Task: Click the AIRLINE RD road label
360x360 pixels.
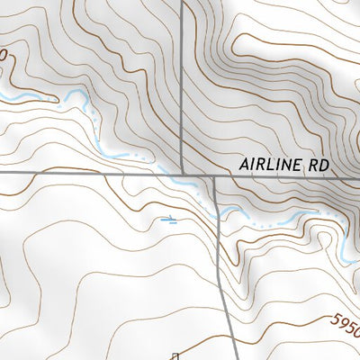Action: click(285, 166)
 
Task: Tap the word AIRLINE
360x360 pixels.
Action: click(273, 166)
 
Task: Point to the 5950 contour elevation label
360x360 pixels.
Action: click(346, 322)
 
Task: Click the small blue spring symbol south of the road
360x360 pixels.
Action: click(167, 219)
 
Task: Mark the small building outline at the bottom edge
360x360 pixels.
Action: click(177, 355)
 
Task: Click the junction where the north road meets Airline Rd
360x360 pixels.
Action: click(182, 173)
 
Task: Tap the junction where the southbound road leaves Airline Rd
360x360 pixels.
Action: click(216, 175)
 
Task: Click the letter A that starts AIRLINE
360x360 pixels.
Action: click(245, 166)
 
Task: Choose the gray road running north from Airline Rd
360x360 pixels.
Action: click(182, 81)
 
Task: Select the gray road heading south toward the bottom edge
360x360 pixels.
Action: click(222, 270)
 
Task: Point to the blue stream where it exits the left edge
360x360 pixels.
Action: click(3, 94)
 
